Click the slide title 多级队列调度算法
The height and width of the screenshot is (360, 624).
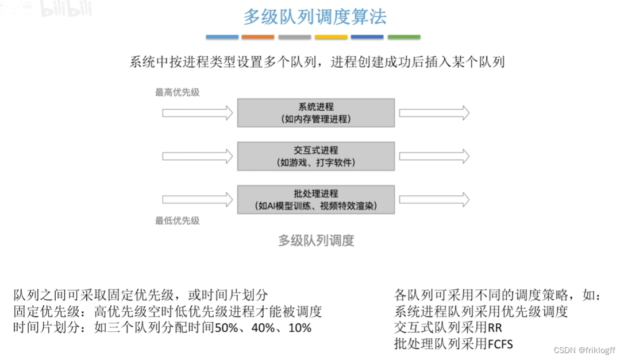tap(314, 17)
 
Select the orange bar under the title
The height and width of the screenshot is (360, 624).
tap(258, 37)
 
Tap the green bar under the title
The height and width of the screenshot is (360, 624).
tap(404, 37)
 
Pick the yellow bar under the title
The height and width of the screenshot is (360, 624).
tap(331, 37)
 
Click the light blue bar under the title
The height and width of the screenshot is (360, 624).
tap(222, 37)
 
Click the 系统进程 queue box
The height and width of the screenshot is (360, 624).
tap(316, 113)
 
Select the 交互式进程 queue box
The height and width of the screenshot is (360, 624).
tap(316, 156)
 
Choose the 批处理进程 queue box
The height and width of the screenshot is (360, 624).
tap(316, 199)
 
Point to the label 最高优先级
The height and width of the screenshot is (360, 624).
tap(178, 92)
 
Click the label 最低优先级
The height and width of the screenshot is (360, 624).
tap(178, 220)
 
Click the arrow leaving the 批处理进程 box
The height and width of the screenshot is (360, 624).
tap(434, 200)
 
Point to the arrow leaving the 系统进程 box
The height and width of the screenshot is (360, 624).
tap(434, 113)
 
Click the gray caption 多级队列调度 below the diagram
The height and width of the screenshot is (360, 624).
tap(316, 241)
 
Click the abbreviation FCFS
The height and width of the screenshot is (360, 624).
tap(500, 344)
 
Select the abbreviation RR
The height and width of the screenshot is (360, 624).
tap(495, 328)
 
